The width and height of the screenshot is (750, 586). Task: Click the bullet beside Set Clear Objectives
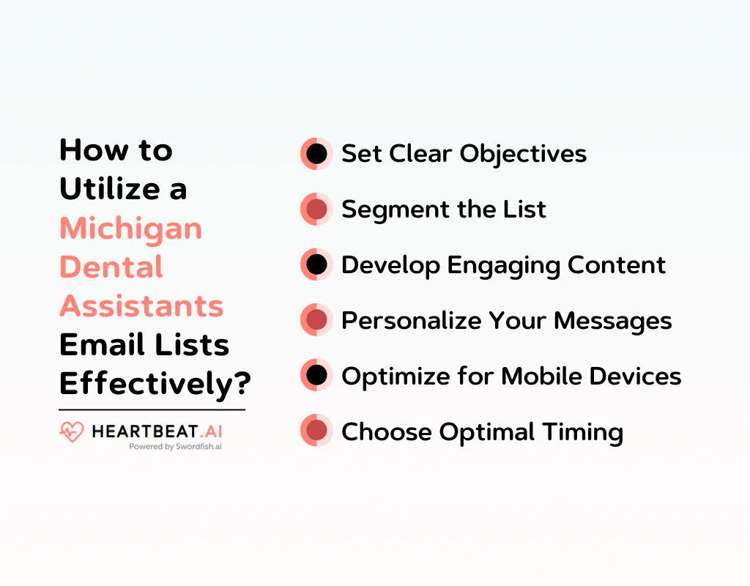click(x=316, y=154)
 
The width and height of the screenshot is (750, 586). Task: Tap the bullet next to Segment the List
click(x=316, y=209)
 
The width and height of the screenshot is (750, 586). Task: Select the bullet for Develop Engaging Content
click(x=316, y=265)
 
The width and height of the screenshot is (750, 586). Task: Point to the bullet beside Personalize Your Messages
click(x=316, y=320)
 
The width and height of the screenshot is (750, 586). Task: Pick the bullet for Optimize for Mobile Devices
click(x=316, y=376)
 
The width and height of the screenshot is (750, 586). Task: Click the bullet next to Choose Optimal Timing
click(x=316, y=431)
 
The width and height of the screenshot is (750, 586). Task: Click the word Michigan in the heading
click(x=130, y=229)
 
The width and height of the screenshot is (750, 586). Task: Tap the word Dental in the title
click(x=111, y=267)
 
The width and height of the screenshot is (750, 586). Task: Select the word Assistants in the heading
click(x=141, y=305)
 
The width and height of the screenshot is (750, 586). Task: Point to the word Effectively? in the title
click(x=155, y=383)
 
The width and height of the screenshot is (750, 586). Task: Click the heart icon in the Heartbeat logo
click(x=71, y=432)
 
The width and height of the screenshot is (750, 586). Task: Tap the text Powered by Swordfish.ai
click(x=175, y=445)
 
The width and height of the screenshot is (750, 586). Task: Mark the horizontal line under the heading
click(x=152, y=410)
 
